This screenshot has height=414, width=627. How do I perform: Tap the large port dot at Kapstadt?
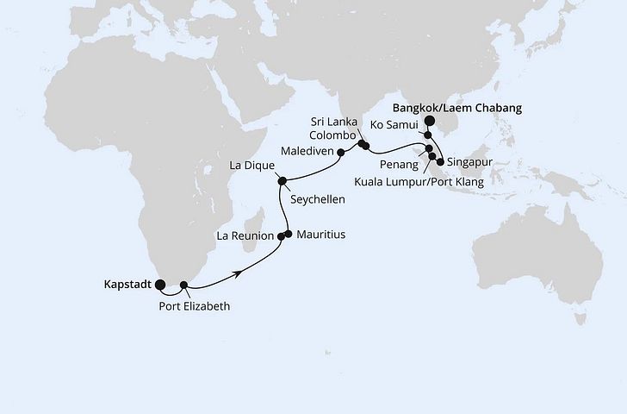[160, 281]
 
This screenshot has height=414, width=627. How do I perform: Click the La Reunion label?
[245, 235]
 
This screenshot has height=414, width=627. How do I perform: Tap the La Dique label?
[251, 165]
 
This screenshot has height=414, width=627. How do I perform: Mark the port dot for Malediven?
[341, 154]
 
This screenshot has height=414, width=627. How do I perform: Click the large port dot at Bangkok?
[430, 122]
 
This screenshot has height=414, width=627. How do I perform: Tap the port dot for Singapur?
[441, 161]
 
